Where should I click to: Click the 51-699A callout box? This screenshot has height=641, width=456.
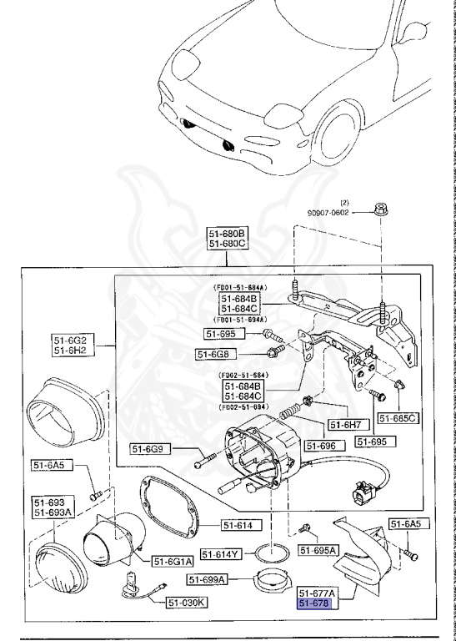[209, 579]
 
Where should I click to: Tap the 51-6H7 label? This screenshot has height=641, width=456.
[346, 425]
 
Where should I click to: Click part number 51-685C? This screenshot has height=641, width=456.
[398, 417]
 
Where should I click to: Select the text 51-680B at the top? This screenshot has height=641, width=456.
[228, 233]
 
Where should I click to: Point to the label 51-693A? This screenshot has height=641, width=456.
[52, 512]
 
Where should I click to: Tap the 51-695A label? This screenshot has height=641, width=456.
[318, 550]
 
